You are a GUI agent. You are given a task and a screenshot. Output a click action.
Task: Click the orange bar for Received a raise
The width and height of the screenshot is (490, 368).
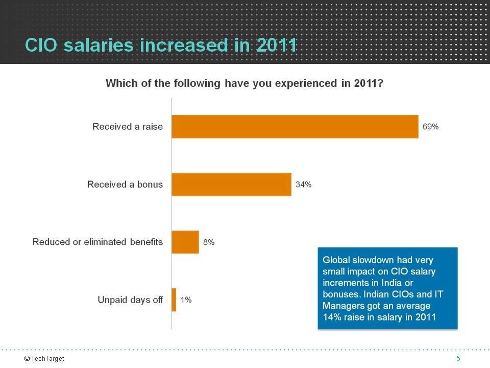click(295, 127)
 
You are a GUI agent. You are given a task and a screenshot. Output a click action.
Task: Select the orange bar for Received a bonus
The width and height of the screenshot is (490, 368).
click(231, 185)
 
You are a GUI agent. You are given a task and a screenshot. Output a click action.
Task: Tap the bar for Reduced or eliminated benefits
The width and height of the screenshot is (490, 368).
click(185, 242)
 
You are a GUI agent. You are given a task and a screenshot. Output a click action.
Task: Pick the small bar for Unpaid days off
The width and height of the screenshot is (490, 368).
click(174, 300)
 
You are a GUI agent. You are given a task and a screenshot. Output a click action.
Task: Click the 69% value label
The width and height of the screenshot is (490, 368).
click(430, 127)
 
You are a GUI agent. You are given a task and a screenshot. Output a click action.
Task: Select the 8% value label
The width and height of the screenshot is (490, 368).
click(209, 242)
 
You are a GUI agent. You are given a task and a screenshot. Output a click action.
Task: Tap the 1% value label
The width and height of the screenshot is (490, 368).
click(186, 300)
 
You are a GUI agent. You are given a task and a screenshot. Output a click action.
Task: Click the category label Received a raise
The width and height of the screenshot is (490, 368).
click(128, 127)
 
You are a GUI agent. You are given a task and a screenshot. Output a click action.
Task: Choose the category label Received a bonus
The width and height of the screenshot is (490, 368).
click(125, 185)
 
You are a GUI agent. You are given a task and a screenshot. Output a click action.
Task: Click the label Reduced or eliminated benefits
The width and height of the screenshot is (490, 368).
click(97, 242)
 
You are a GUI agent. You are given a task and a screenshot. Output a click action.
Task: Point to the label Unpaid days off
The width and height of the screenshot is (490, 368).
click(130, 300)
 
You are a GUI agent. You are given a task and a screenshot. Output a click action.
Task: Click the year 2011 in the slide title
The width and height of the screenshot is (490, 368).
click(277, 45)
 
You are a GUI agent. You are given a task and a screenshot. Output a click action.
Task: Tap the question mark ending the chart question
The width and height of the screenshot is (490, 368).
click(380, 83)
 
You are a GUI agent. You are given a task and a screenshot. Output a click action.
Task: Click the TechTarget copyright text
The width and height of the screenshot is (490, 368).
click(44, 359)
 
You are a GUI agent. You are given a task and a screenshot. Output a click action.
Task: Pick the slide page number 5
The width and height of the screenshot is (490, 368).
click(458, 359)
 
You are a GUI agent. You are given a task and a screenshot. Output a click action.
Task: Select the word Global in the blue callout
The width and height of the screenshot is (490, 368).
click(336, 260)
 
